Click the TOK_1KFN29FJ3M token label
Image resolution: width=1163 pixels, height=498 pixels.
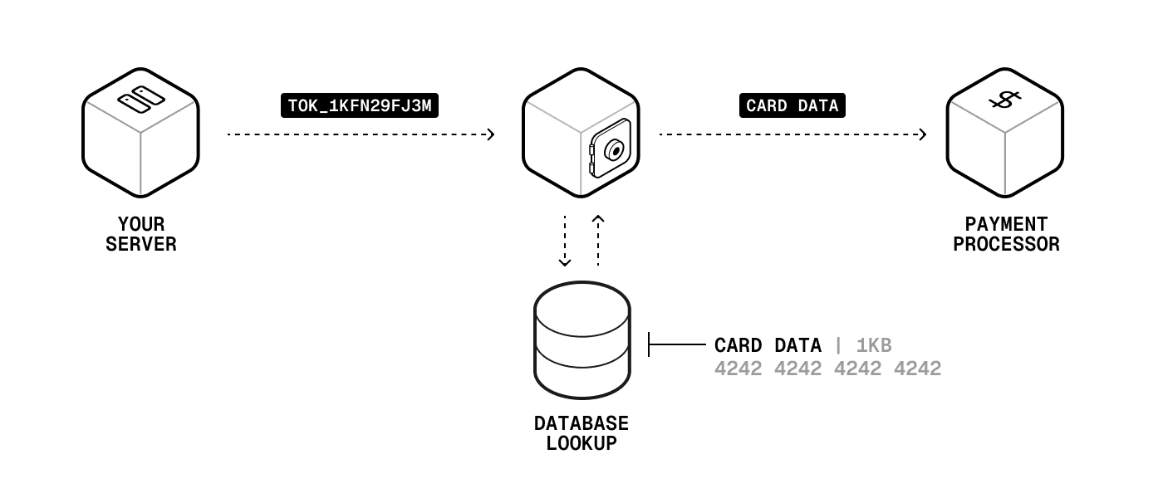[x=359, y=105]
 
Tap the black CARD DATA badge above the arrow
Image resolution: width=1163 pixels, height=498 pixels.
[x=792, y=105]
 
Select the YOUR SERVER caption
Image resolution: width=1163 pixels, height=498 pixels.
[x=141, y=234]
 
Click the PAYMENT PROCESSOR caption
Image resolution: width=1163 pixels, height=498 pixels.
[x=1006, y=234]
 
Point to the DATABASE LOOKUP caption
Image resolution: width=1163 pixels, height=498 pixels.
[x=581, y=433]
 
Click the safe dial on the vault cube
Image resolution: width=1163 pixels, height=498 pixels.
[x=613, y=151]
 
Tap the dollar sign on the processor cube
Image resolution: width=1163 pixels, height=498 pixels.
[x=1004, y=101]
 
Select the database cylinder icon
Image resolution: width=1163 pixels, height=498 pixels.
[x=581, y=340]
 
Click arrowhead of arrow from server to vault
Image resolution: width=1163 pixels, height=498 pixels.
[x=491, y=134]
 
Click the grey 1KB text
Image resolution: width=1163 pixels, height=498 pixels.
[x=874, y=345]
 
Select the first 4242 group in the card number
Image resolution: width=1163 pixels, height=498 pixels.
[x=738, y=369]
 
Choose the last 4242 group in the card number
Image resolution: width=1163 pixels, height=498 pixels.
[x=917, y=369]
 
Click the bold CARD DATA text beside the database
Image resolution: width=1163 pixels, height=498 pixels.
[x=768, y=345]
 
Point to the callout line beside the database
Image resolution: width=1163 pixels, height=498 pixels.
[x=677, y=344]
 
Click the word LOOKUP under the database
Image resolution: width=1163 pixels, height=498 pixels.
[x=581, y=443]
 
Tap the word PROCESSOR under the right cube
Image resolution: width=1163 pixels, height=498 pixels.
[x=1006, y=245]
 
